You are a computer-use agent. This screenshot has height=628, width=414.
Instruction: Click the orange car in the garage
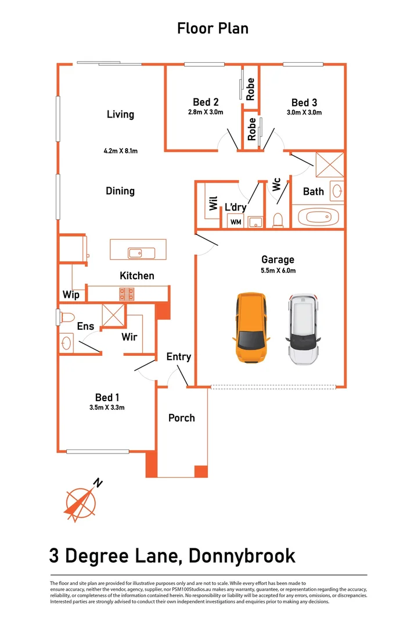[x=252, y=327]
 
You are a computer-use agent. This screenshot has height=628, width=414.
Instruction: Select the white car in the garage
[x=303, y=329]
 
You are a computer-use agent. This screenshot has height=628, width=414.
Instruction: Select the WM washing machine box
[x=236, y=222]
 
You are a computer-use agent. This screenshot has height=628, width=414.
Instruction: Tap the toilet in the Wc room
[x=278, y=220]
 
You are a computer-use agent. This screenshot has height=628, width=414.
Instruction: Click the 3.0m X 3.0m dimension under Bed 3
[x=304, y=113]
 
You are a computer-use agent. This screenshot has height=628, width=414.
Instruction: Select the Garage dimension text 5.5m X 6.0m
[x=278, y=270]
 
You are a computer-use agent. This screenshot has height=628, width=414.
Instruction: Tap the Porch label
[x=182, y=418]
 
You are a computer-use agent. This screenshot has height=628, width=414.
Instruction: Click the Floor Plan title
[x=213, y=28]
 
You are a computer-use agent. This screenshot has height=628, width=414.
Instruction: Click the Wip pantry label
[x=71, y=295]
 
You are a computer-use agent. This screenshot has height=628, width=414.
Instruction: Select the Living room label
[x=120, y=114]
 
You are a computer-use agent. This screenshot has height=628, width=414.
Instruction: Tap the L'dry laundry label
[x=236, y=207]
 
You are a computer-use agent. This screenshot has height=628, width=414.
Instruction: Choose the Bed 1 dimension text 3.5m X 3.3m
[x=103, y=408]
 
